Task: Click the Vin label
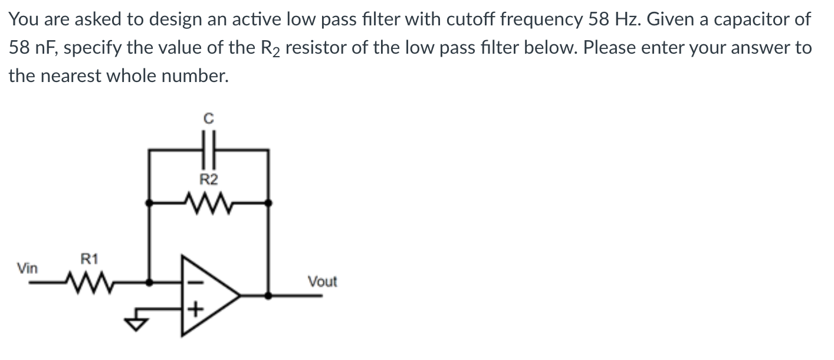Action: click(x=27, y=269)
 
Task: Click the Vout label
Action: click(x=322, y=282)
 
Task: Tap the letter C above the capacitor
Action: click(x=208, y=118)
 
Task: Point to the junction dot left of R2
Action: click(x=148, y=202)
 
